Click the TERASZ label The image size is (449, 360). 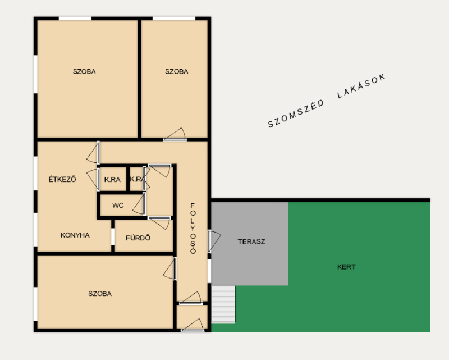coord(251,241)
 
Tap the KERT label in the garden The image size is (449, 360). coord(346,267)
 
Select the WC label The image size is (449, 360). coord(118,206)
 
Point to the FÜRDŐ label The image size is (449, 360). coord(138,238)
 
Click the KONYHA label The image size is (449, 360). coord(75,235)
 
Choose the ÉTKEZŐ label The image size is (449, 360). coord(62,179)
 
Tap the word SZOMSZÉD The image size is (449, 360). coord(296,114)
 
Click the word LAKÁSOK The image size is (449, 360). coord(361,86)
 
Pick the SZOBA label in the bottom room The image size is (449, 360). coord(100,294)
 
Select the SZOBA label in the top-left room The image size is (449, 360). coord(84,71)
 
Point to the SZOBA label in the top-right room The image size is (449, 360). coord(177,71)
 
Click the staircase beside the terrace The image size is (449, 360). coord(223,304)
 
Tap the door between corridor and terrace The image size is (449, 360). coord(214,241)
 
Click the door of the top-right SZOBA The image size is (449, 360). coord(175,135)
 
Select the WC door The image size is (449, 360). coord(140,204)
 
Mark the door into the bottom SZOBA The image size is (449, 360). coord(170,268)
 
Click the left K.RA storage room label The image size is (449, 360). coord(112,180)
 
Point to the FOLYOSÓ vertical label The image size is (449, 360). coord(193,229)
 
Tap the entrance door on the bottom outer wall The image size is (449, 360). coord(193,325)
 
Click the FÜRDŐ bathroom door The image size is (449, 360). coord(160,223)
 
